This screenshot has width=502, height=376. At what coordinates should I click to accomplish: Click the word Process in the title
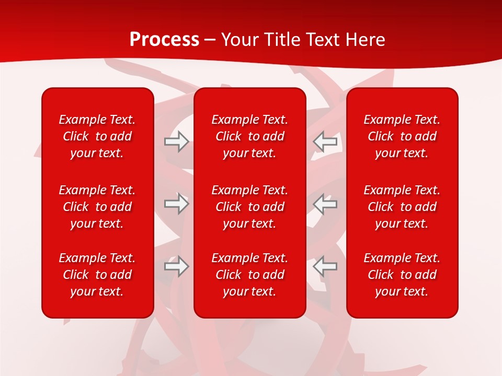(164, 40)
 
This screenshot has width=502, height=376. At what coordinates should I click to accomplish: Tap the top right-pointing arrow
(176, 142)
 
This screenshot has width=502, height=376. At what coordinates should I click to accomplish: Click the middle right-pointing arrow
(176, 204)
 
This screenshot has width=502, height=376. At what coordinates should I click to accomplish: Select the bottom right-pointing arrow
(176, 266)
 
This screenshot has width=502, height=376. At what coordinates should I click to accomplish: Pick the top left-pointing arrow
(325, 142)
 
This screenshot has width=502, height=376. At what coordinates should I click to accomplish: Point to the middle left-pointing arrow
(325, 204)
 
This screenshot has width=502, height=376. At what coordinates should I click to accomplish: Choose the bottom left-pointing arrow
(325, 266)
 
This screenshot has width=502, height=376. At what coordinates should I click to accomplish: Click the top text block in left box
(97, 136)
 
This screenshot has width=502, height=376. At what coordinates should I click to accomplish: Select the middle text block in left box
(97, 207)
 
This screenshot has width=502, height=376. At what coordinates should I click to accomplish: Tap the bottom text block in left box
(97, 275)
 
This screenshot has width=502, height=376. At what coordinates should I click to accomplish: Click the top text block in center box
(250, 136)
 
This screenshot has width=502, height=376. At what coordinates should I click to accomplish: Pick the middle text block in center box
(250, 207)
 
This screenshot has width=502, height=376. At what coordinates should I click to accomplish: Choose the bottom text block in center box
(250, 275)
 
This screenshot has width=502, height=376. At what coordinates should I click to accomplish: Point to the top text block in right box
(402, 136)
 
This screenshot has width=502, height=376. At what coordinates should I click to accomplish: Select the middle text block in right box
(402, 207)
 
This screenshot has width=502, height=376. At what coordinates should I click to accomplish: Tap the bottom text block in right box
(402, 275)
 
